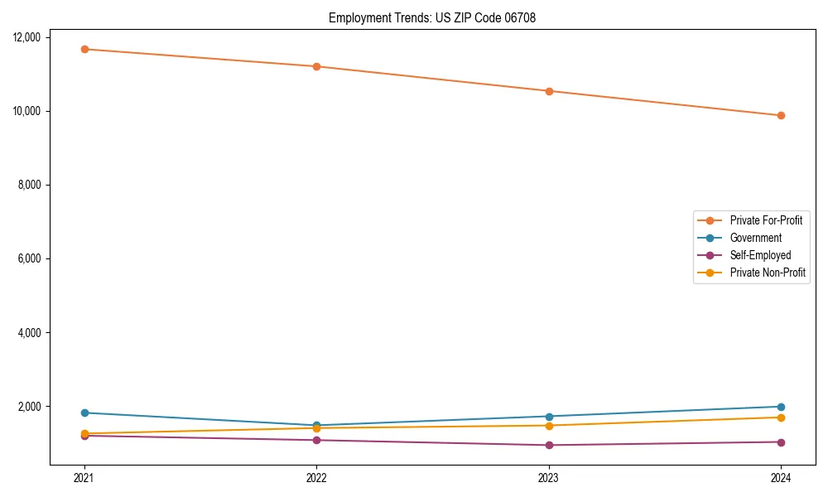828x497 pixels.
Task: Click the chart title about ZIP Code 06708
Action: click(x=432, y=17)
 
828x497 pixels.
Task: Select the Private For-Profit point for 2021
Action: click(x=84, y=49)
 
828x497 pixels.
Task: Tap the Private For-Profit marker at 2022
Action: click(x=316, y=66)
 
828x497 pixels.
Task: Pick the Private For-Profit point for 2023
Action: click(x=549, y=91)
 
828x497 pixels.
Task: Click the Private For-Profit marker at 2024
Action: click(x=781, y=115)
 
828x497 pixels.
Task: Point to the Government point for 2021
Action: click(x=84, y=413)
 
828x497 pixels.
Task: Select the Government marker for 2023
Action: click(x=549, y=416)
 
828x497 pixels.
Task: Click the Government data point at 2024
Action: click(x=781, y=407)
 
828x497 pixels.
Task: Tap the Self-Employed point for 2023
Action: click(x=549, y=445)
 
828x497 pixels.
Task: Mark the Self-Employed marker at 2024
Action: click(x=781, y=442)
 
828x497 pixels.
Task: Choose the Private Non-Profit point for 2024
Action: click(x=781, y=417)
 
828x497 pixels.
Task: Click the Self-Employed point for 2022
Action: click(x=316, y=440)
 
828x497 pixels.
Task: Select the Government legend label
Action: click(x=755, y=238)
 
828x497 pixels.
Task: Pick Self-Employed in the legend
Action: click(x=760, y=255)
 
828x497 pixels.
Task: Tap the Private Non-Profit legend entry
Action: click(x=768, y=273)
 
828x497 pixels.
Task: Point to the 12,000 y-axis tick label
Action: click(x=30, y=37)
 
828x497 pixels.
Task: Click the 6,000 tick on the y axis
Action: click(x=32, y=258)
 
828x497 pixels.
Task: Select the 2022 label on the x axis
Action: click(x=316, y=477)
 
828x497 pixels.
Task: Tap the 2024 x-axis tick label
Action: click(x=781, y=477)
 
